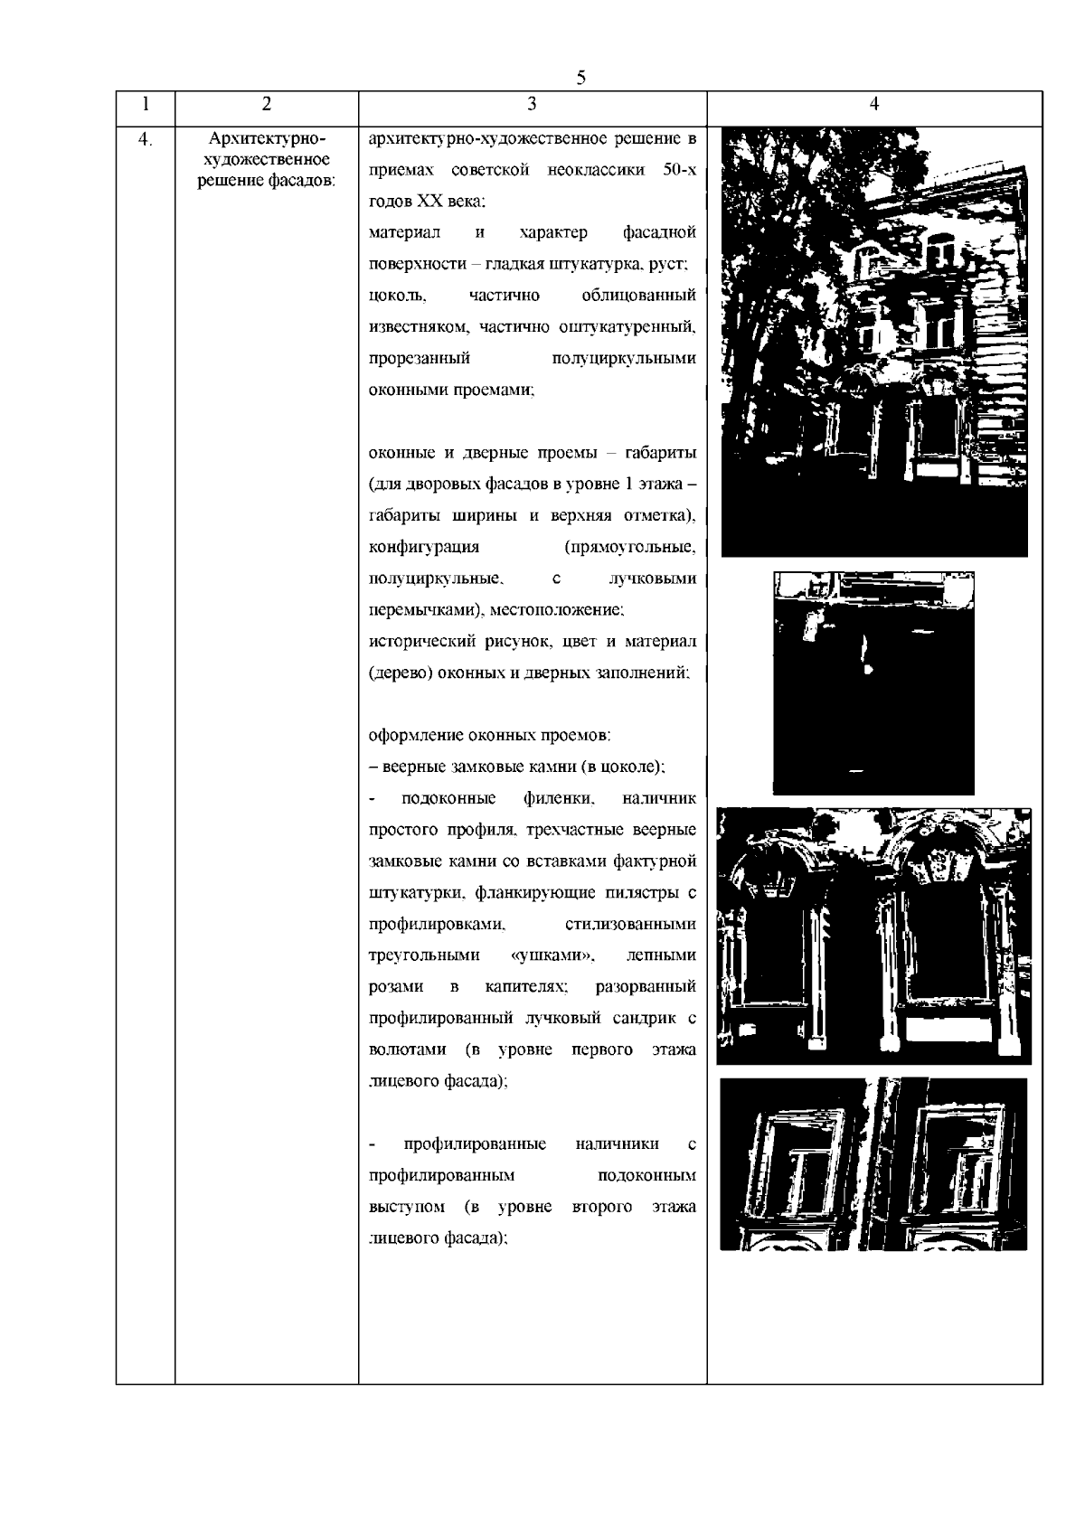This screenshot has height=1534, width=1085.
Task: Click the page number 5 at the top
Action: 581,78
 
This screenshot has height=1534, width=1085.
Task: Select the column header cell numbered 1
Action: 146,104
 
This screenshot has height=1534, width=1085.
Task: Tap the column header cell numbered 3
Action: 532,104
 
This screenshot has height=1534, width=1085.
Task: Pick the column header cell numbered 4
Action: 873,104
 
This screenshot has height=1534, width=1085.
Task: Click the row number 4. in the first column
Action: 144,139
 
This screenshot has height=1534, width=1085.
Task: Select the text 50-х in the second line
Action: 678,171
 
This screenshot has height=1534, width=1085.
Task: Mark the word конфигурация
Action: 424,548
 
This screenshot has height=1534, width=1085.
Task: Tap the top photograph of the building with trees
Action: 873,342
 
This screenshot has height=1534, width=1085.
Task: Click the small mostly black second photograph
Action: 873,682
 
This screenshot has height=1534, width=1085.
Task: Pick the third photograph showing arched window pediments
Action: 873,936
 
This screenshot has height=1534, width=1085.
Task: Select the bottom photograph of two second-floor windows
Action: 873,1164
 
